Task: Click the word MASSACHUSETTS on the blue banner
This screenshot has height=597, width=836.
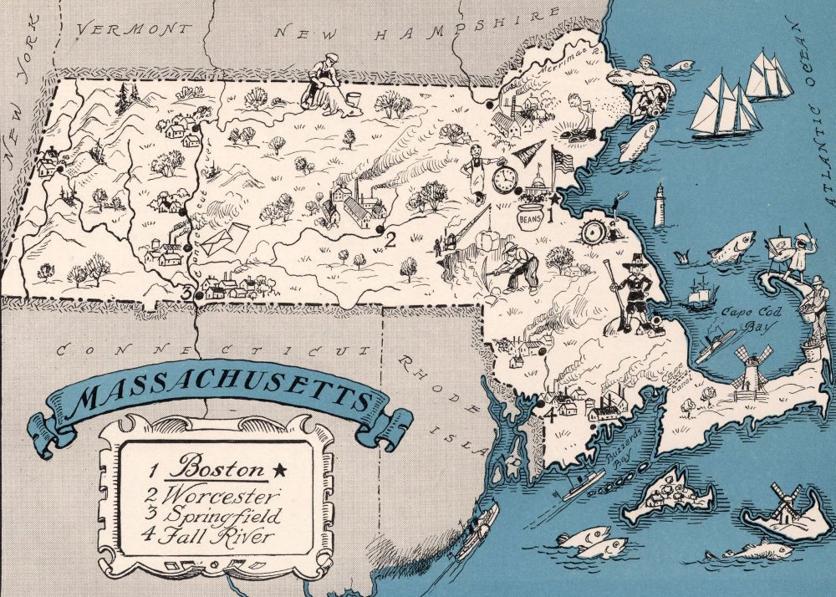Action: (222, 399)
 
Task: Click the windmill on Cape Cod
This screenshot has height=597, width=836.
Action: (749, 369)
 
